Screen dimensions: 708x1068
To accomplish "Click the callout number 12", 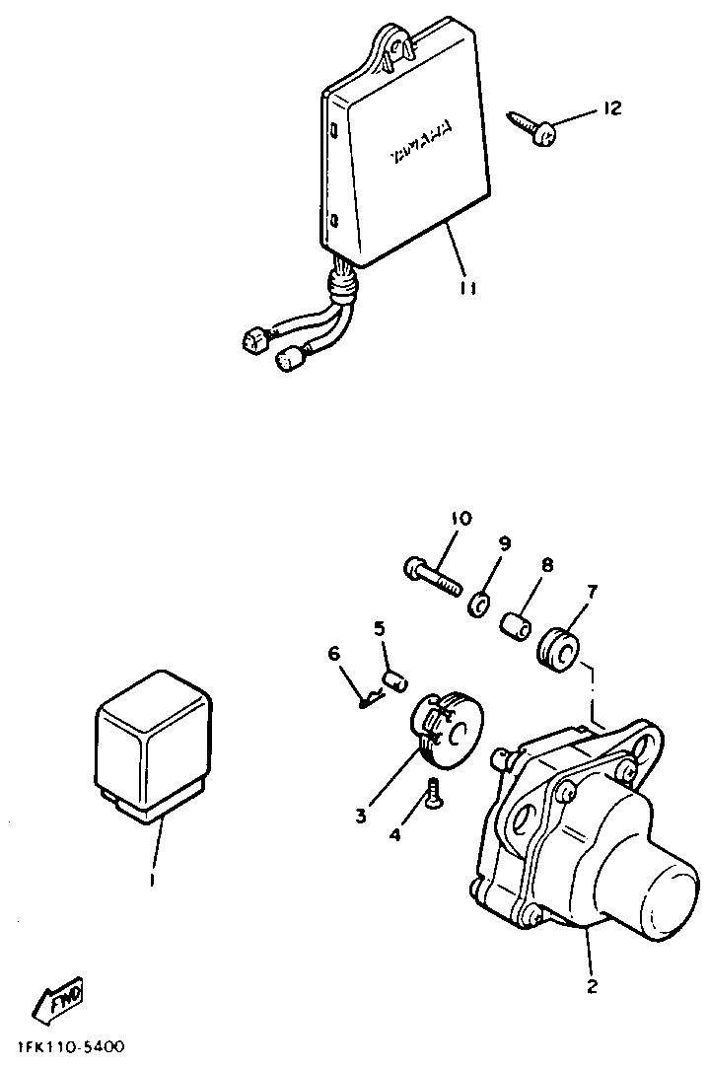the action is click(611, 108).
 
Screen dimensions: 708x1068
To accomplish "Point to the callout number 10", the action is click(461, 519).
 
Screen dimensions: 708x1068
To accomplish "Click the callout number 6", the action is click(333, 653).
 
